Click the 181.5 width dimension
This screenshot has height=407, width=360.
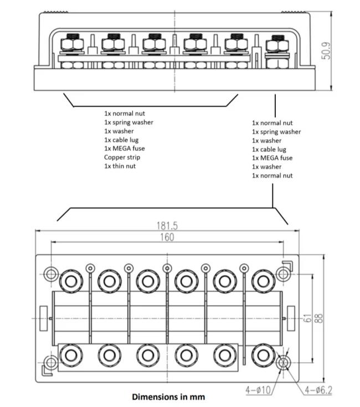167,226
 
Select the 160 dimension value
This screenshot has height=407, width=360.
167,237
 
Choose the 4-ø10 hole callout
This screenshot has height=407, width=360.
258,390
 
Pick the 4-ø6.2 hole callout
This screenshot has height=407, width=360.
318,390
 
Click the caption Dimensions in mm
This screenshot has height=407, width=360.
168,397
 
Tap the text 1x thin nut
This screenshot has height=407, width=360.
120,166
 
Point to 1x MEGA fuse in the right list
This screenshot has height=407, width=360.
272,158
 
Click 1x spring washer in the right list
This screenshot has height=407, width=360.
276,132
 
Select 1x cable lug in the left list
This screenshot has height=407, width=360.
121,140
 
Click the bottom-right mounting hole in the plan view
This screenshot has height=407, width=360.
284,363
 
